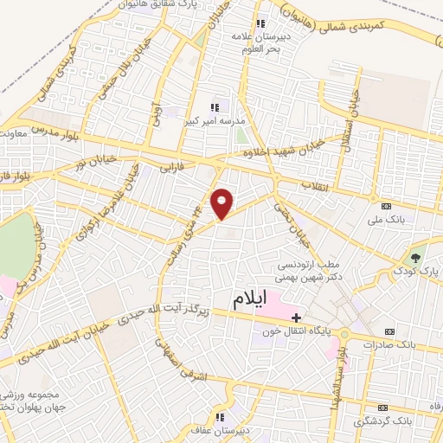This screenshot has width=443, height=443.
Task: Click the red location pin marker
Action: pyautogui.click(x=222, y=203)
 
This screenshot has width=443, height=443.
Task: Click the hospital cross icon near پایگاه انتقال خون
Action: pyautogui.click(x=296, y=318)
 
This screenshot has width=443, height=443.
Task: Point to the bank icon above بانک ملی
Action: pyautogui.click(x=386, y=206)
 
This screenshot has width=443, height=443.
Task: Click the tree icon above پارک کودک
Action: pyautogui.click(x=416, y=257)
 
